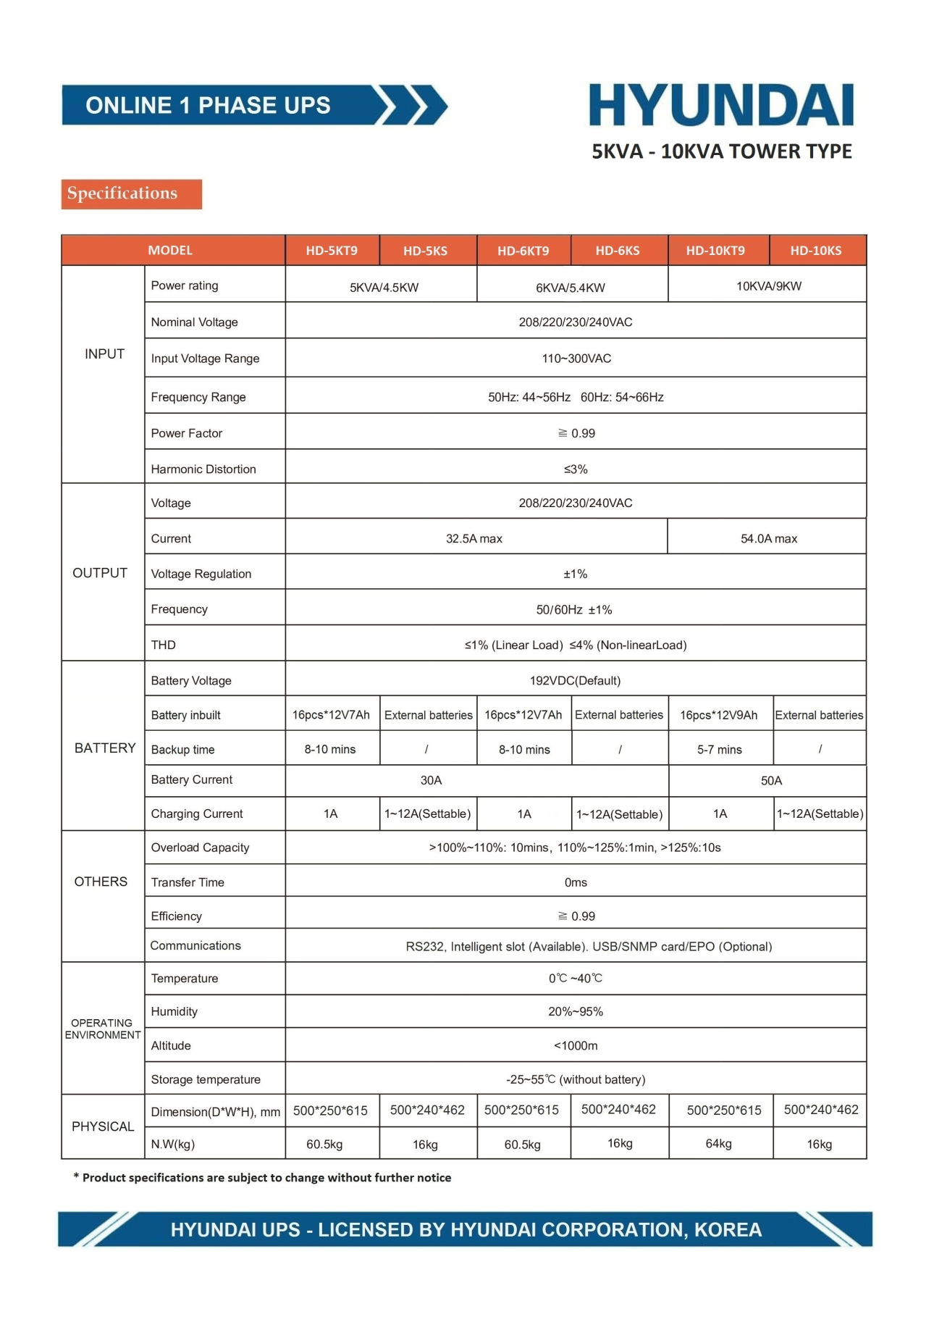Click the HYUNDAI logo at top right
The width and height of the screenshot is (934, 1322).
coord(721,106)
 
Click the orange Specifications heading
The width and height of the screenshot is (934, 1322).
coord(122,193)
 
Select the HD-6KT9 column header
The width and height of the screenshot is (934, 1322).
coord(523,251)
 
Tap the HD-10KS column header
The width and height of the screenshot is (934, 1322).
coord(815,251)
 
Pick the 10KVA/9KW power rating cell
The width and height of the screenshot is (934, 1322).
coord(768,286)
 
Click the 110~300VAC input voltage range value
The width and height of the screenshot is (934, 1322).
coord(576,359)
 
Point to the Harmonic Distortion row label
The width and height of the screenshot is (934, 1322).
coord(203,469)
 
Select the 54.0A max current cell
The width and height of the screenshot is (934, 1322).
coord(768,539)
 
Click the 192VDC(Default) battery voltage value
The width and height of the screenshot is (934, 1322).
coord(575,681)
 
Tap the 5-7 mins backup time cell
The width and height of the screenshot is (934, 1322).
coord(719,750)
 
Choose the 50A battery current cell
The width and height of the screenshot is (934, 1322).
coord(771,781)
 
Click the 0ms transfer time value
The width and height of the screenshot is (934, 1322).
coord(576,882)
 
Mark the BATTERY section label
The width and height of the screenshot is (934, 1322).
coord(105,748)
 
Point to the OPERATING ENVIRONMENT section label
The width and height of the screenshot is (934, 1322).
coord(103,1029)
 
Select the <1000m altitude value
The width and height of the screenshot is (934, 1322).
coord(576,1046)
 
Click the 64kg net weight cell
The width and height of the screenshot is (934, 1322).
coord(718,1144)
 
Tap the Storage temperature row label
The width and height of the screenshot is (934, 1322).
coord(206,1079)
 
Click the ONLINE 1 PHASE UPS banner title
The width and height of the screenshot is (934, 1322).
coord(209,106)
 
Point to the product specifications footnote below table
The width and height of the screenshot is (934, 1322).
coord(263,1178)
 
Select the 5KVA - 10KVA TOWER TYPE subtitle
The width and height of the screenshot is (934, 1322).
coord(722,151)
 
